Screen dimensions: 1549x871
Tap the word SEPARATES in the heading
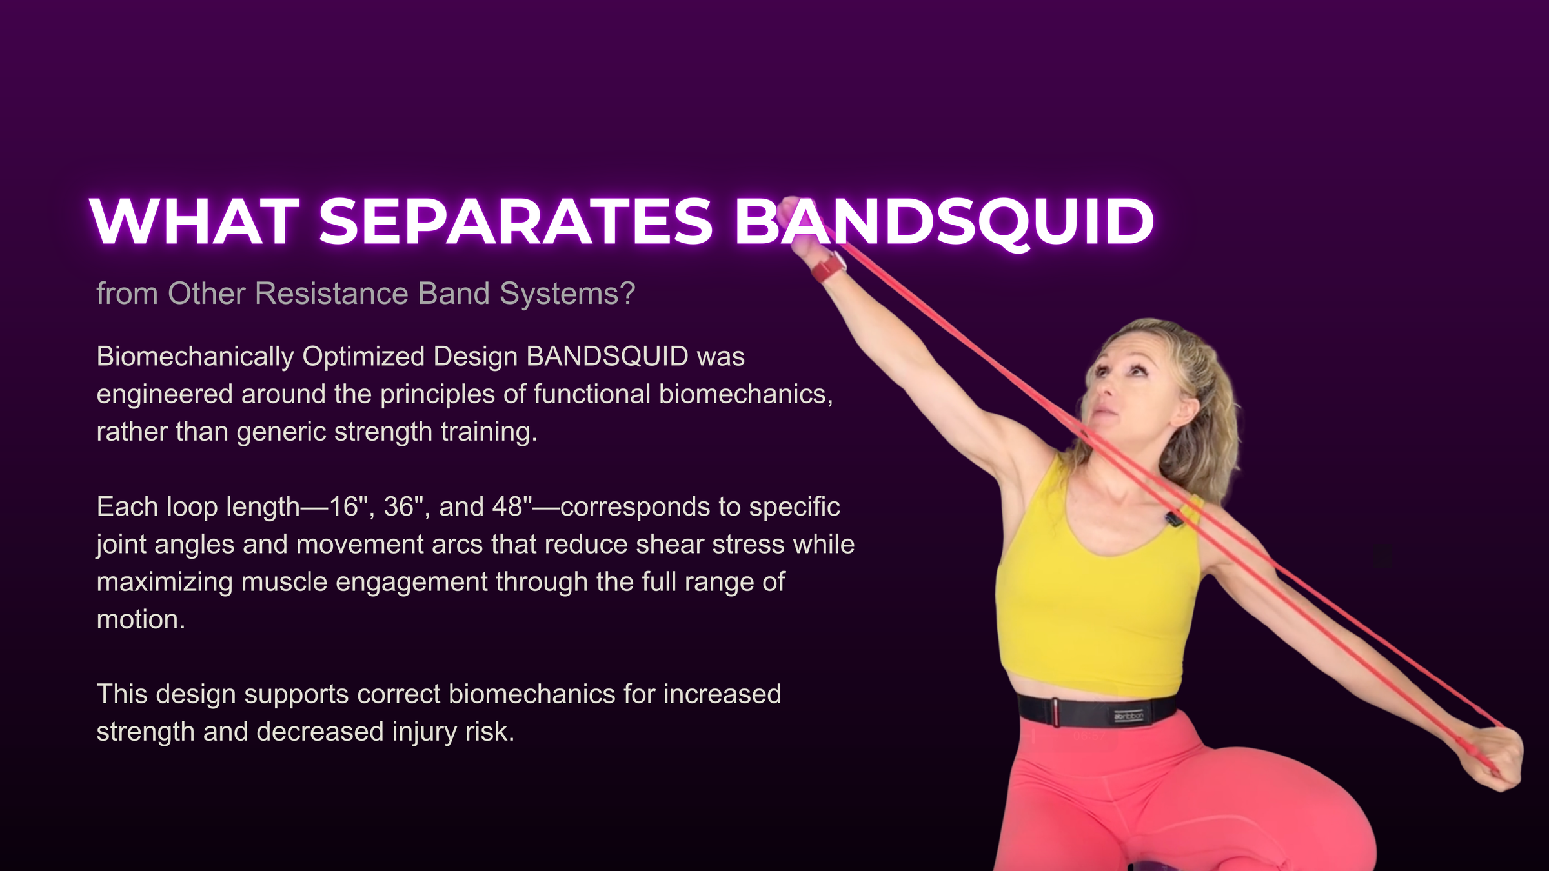click(x=516, y=221)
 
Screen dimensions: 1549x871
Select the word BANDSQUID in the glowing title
click(x=944, y=221)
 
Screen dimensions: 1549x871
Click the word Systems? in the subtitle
click(x=567, y=294)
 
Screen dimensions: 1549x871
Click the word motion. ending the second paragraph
click(x=141, y=619)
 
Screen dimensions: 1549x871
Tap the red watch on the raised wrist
click(x=828, y=266)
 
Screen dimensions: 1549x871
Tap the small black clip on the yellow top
click(x=1174, y=517)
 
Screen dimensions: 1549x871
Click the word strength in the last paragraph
click(x=145, y=732)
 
